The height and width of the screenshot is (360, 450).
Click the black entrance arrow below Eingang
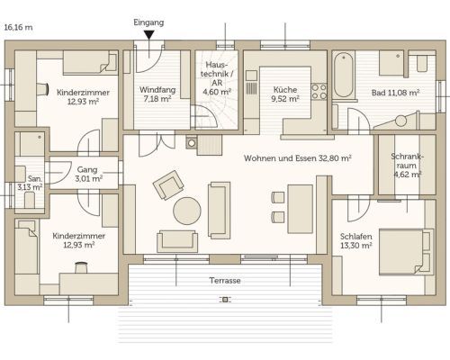point(148,35)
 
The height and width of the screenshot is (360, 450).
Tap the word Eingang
point(148,22)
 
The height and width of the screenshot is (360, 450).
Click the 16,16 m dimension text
point(19,27)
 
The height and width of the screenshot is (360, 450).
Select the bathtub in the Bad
point(343,75)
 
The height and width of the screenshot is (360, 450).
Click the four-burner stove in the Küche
point(319,92)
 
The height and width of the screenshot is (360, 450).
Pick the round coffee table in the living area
point(187,211)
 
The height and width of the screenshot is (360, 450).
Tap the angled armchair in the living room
point(168,184)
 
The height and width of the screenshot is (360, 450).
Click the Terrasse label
point(225,281)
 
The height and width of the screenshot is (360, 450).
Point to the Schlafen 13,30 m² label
point(356,241)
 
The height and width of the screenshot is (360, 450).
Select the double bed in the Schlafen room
point(406,252)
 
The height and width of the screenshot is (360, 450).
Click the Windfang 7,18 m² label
point(157,94)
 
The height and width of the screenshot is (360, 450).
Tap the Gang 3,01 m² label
point(88,175)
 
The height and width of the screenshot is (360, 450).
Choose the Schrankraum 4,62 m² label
point(407,166)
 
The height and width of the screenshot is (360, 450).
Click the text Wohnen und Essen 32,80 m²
point(298,158)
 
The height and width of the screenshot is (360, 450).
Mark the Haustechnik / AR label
point(217,78)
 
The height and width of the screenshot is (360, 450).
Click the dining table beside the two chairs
point(301,209)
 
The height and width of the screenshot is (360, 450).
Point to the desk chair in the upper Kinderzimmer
point(42,89)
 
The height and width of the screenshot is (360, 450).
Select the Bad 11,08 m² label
point(395,93)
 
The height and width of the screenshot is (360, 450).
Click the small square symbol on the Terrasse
point(225,300)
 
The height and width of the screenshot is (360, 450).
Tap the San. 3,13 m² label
point(30,183)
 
